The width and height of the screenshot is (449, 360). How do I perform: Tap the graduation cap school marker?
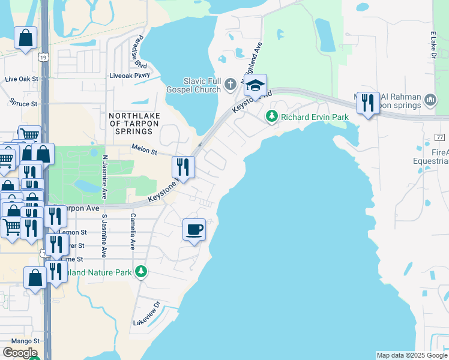(x=255, y=86)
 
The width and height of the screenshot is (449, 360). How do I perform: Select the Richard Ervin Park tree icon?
(x=272, y=116)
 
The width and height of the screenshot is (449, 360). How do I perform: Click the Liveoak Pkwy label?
(x=127, y=76)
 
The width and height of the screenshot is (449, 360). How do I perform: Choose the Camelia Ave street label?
(x=132, y=232)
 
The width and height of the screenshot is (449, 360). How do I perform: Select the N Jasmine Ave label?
(x=104, y=177)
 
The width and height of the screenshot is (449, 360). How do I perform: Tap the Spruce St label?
(x=22, y=104)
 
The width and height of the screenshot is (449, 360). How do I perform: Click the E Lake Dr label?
(x=432, y=46)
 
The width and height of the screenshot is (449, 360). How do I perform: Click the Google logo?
(x=20, y=353)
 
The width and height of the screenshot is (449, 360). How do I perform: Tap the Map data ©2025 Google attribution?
(x=411, y=355)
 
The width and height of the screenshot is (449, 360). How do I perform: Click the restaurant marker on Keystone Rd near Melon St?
(x=183, y=167)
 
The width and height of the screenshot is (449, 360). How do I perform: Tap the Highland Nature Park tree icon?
(x=141, y=272)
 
